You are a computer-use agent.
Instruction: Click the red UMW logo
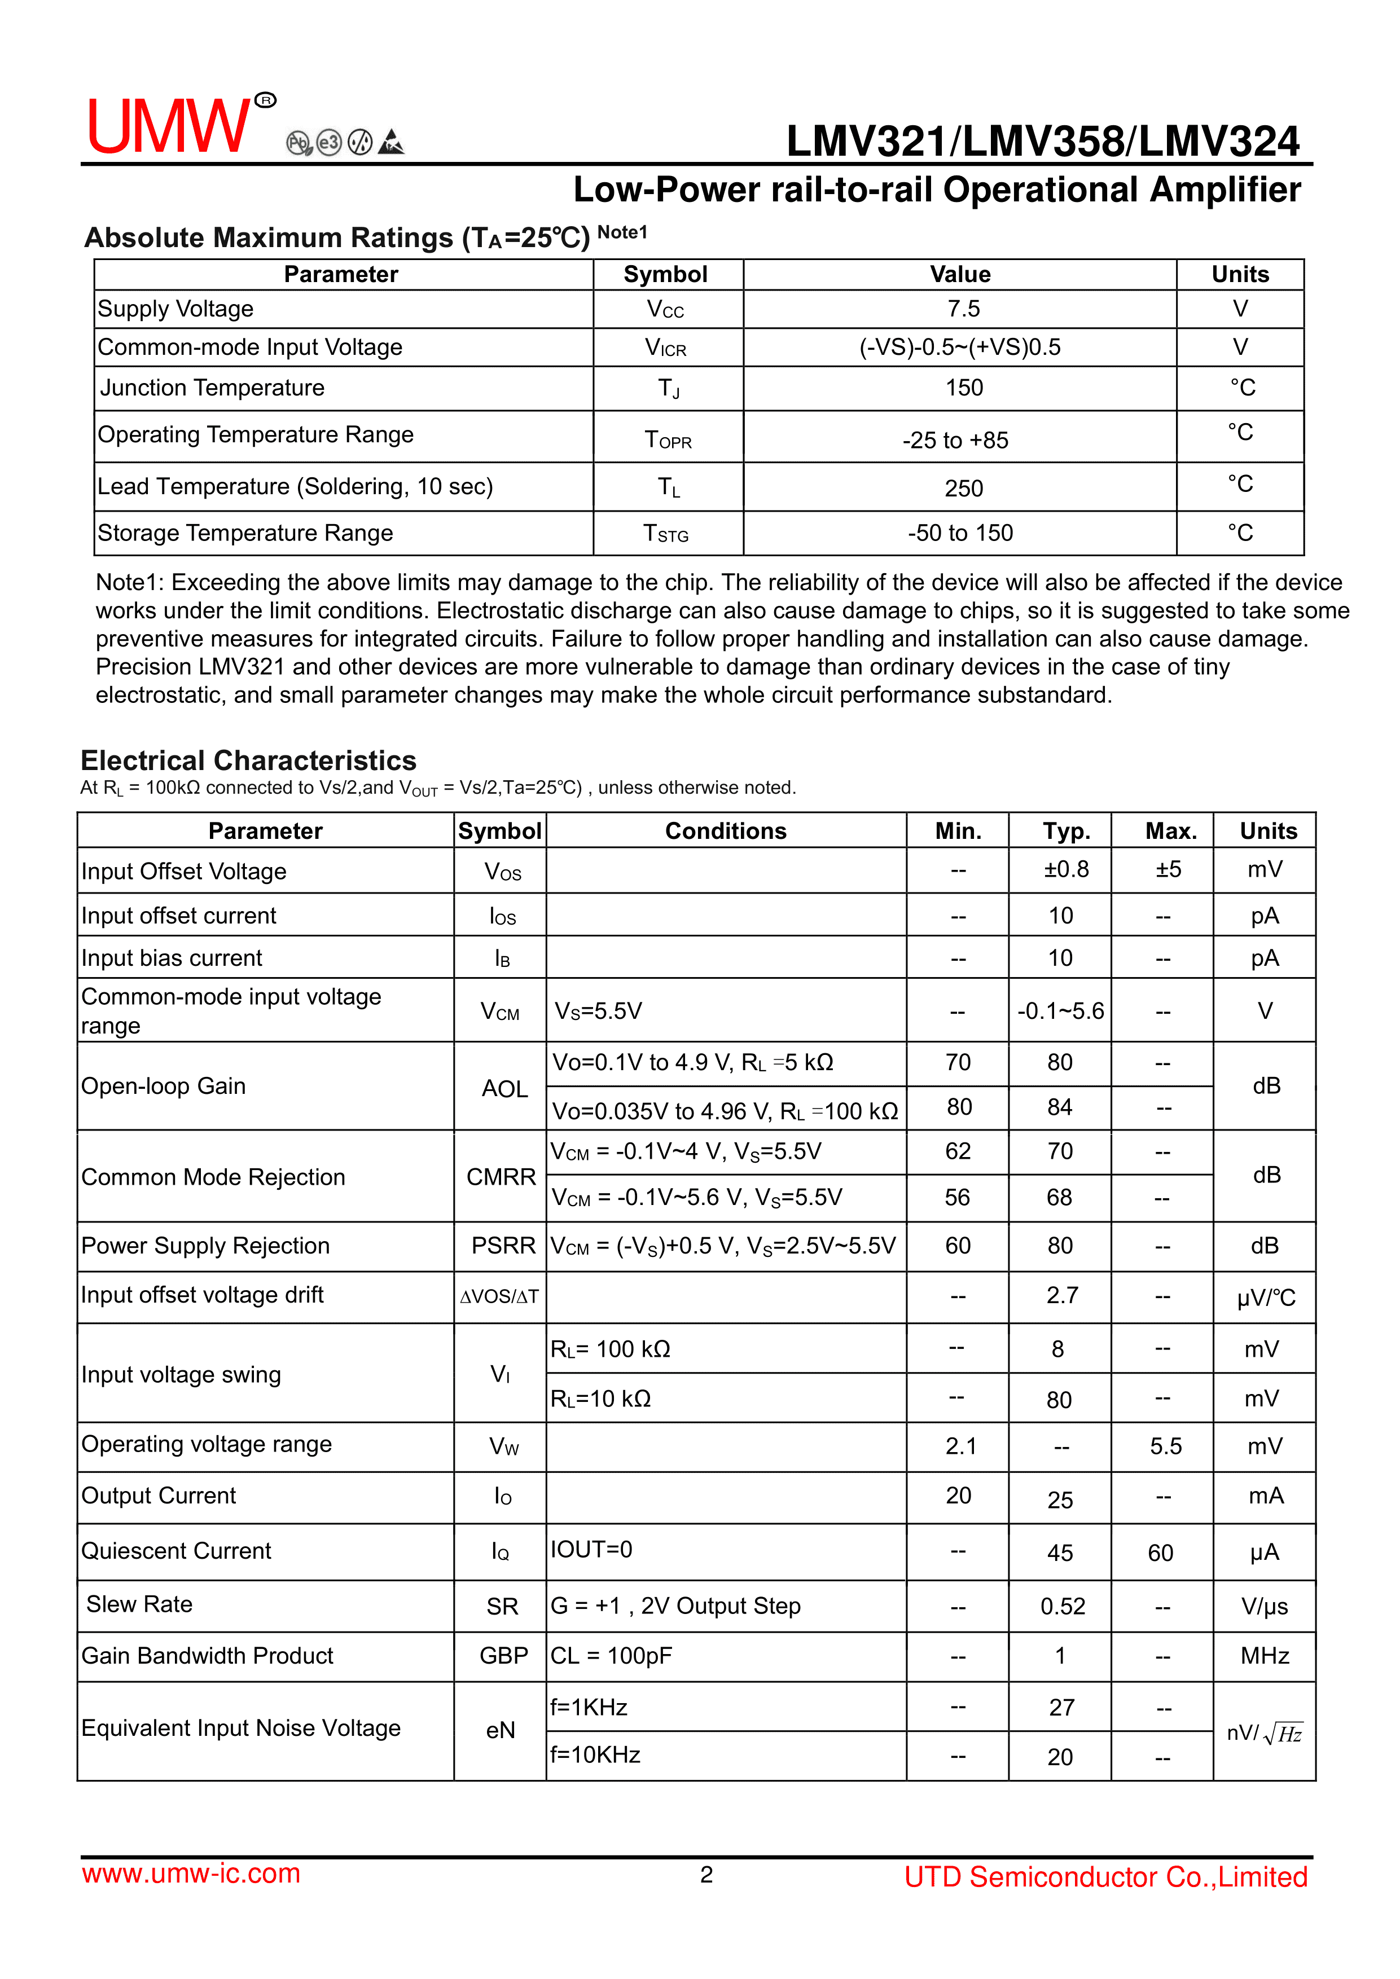tap(169, 126)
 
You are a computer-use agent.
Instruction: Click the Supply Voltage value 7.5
tap(963, 309)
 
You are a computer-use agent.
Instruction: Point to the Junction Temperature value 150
tap(963, 388)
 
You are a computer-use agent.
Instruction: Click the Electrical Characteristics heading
tap(248, 760)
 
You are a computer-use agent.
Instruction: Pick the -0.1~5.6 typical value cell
tap(1060, 1010)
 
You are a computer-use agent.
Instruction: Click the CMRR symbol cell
tap(501, 1177)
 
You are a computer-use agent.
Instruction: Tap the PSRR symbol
tap(503, 1246)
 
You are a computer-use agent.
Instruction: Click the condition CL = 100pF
tap(611, 1656)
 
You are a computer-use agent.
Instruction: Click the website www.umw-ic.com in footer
tap(191, 1873)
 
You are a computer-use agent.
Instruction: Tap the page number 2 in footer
tap(706, 1875)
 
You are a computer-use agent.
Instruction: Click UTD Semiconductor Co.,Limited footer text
tap(1105, 1876)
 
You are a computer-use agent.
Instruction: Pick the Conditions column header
tap(725, 831)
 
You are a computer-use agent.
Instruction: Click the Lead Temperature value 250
tap(963, 489)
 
